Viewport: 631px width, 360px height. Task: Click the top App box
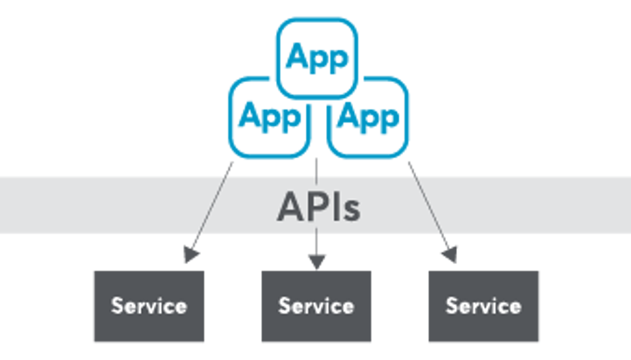(316, 58)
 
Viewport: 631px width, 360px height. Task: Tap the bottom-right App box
(368, 116)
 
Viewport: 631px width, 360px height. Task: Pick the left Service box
(149, 306)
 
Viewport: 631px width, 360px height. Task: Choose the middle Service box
(316, 306)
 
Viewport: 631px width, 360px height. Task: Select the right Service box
(484, 306)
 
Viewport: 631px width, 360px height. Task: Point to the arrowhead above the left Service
(188, 254)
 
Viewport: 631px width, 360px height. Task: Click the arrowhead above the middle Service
(316, 260)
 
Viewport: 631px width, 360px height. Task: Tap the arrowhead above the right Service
(449, 254)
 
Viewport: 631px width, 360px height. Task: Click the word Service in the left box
(149, 306)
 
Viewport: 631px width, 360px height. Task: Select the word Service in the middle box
(316, 306)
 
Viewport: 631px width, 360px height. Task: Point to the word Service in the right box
(484, 306)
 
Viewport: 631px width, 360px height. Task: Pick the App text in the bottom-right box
(368, 116)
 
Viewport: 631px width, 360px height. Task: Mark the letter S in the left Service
(116, 306)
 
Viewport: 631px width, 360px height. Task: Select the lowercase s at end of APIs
(350, 210)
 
